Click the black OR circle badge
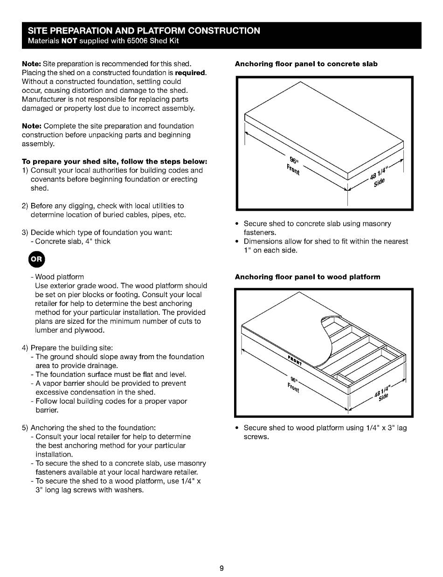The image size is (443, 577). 38,259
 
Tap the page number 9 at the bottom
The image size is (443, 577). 221,568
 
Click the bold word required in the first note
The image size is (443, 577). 190,73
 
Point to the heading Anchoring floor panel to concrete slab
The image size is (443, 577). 306,63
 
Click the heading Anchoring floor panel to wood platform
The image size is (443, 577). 307,277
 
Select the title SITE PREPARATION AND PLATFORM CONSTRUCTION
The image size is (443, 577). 144,31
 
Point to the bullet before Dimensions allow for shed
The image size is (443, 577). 237,242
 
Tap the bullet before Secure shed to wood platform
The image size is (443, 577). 237,428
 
